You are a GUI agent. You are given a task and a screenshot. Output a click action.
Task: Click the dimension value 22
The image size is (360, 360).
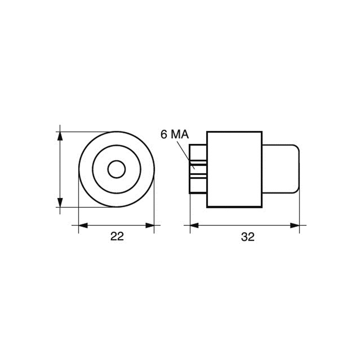(x=117, y=237)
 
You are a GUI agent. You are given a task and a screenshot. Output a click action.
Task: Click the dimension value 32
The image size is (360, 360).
(x=247, y=237)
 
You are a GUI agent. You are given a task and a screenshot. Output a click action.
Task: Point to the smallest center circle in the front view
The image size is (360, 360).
(x=117, y=169)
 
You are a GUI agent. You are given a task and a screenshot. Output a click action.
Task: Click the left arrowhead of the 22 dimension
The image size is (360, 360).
(x=82, y=225)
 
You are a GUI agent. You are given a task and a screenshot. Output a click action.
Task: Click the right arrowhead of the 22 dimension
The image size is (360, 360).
(x=151, y=225)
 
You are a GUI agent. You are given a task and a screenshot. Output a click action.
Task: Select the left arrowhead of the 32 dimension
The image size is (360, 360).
(x=193, y=225)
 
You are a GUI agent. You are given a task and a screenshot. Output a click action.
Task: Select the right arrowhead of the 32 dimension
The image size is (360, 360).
(x=296, y=225)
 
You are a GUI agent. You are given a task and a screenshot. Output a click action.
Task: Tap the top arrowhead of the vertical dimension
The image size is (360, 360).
(x=59, y=135)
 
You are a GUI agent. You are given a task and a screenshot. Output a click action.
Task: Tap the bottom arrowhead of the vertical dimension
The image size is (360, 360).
(x=59, y=203)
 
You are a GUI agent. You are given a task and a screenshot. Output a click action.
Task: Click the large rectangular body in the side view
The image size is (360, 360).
(x=234, y=169)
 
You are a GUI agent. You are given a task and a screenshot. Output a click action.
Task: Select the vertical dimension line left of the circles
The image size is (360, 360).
(x=59, y=169)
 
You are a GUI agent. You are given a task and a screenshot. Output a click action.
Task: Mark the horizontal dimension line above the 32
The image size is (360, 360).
(x=245, y=225)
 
